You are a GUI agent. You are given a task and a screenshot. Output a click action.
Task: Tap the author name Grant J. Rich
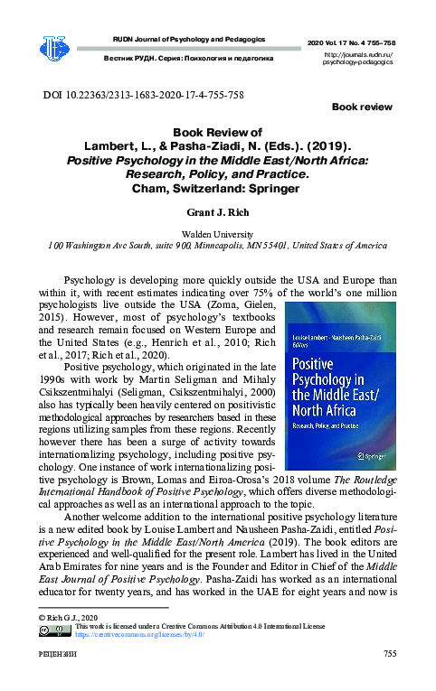pyautogui.click(x=217, y=213)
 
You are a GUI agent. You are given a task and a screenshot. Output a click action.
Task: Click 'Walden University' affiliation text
pyautogui.click(x=217, y=232)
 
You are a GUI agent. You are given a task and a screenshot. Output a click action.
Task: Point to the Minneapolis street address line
pyautogui.click(x=217, y=245)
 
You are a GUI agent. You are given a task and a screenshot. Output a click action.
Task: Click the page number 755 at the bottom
pyautogui.click(x=390, y=655)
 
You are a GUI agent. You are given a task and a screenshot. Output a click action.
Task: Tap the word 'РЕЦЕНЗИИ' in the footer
pyautogui.click(x=57, y=655)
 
